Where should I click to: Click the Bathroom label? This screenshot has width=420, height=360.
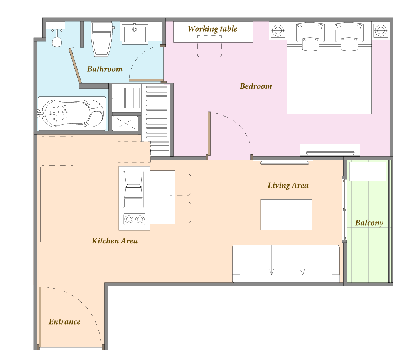pos(105,69)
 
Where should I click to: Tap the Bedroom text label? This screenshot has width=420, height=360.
pos(256,86)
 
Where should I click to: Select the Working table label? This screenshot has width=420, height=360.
pos(213,29)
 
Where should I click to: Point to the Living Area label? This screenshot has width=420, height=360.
pos(288,185)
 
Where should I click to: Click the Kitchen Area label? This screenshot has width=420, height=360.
pos(115,241)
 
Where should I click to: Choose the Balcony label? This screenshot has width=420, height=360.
pos(369,223)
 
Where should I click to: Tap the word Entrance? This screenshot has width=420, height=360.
pos(64,321)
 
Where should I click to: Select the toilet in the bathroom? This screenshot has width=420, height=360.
pos(101,39)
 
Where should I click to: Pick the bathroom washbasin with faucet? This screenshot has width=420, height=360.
pos(135,33)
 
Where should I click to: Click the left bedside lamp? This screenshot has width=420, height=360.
pos(278,30)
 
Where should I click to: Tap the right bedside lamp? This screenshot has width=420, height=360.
pos(381,30)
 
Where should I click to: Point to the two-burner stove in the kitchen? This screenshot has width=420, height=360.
pos(134,219)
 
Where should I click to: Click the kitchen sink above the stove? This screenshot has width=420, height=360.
pos(133,189)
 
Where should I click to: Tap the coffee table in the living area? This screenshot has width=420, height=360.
pos(286,215)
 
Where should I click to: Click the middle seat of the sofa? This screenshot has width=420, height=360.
pos(287,260)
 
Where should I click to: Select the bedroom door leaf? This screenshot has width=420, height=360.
pos(209,134)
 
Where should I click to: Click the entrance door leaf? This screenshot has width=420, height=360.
pos(40,317)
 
